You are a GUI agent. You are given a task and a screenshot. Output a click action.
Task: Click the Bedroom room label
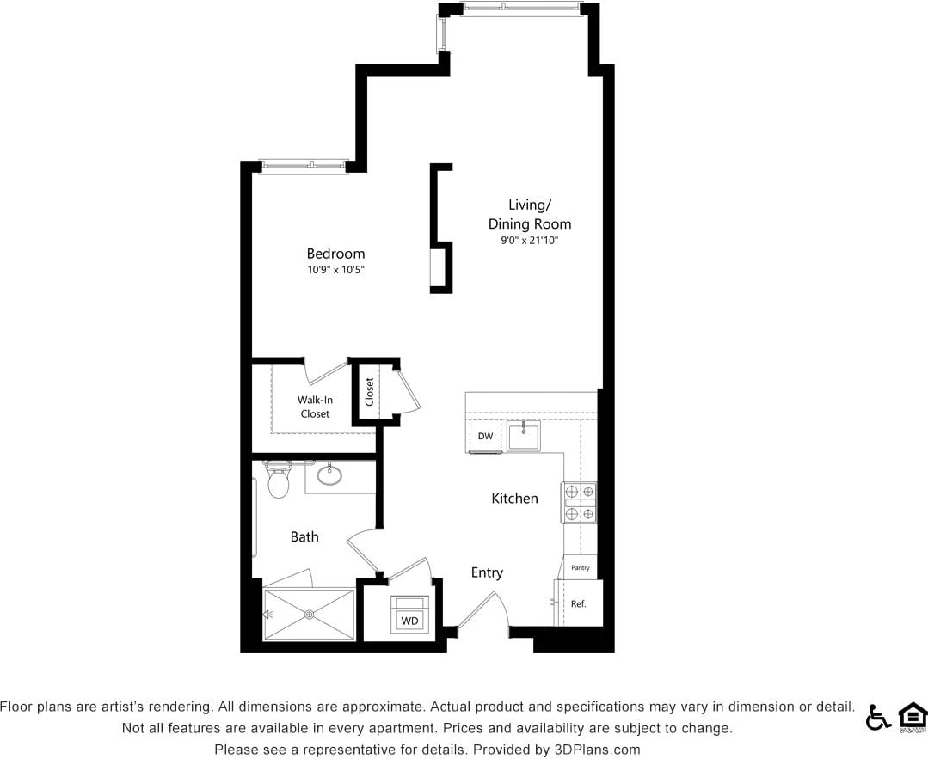pos(335,254)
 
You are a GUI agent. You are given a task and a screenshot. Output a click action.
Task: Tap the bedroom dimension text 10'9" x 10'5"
pos(335,270)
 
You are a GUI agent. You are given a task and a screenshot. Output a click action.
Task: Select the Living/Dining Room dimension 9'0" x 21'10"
pos(530,241)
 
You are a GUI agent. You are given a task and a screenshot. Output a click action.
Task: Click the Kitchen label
pos(514,499)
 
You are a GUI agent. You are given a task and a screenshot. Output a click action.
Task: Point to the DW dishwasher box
pos(485,436)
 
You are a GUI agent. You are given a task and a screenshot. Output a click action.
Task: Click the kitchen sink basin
pos(523,437)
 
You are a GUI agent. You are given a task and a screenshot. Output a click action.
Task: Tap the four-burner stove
pos(579,503)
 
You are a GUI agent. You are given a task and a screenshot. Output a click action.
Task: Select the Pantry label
pos(581,567)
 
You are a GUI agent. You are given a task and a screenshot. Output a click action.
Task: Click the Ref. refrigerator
pos(579,603)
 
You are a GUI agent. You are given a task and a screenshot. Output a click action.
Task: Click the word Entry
pos(487,572)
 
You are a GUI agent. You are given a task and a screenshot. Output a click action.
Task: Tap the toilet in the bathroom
pos(278,481)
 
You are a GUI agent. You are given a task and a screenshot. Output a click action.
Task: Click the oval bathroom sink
pos(329,474)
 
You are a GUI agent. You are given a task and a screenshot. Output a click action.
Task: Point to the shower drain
pos(310,615)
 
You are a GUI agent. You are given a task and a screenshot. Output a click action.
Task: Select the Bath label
pos(304,536)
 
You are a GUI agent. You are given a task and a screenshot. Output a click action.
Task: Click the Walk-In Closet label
pos(315,407)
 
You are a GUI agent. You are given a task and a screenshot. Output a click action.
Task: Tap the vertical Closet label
pos(370,392)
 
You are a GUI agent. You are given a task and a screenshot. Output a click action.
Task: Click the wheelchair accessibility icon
pos(877,717)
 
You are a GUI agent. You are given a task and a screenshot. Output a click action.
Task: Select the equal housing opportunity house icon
pos(912,716)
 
